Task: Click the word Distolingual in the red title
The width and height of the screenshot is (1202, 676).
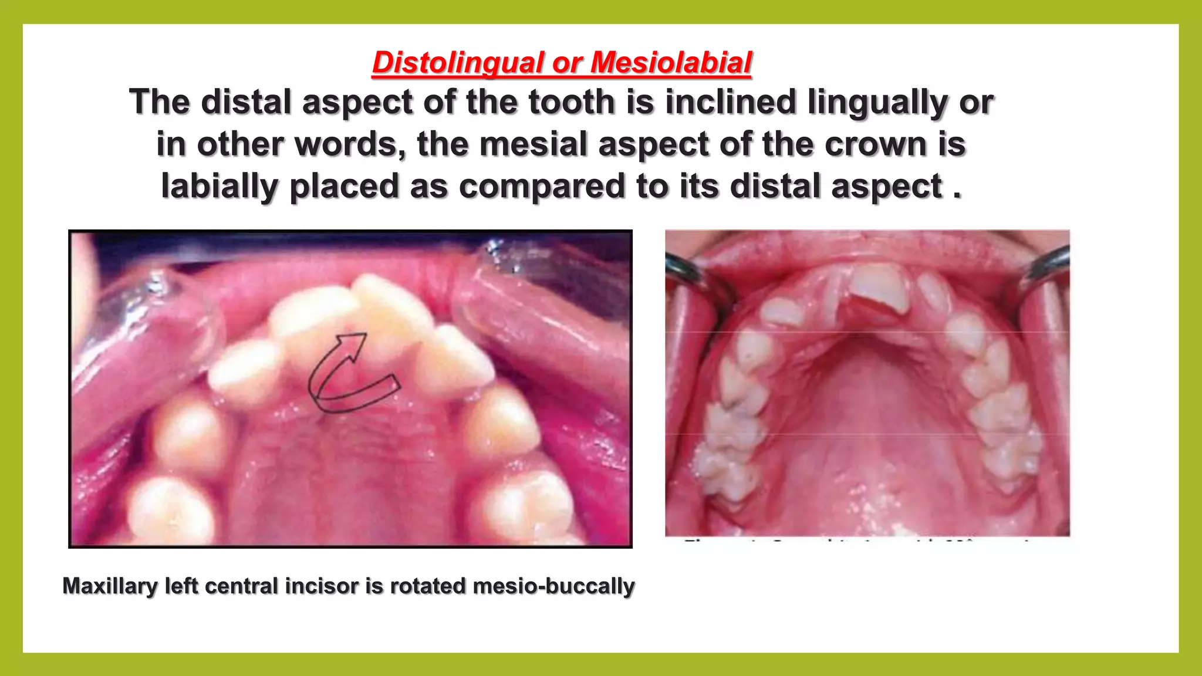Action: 458,63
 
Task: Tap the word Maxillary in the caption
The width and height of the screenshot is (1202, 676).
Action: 110,586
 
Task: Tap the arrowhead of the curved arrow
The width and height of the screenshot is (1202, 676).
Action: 354,342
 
